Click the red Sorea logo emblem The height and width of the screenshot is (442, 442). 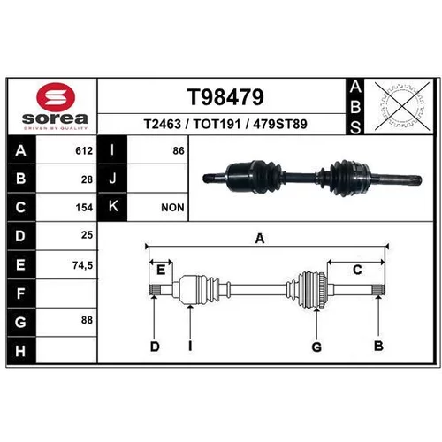[56, 97]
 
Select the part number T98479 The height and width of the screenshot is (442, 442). [225, 97]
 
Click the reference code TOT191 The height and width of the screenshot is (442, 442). [217, 124]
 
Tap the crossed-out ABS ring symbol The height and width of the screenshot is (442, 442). [402, 106]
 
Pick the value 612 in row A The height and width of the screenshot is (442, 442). [84, 151]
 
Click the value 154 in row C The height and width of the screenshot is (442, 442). [84, 208]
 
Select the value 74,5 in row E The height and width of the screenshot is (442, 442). [83, 265]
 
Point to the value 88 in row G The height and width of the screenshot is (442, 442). [87, 320]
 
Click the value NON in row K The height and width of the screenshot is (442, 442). [172, 208]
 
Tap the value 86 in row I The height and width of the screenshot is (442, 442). [179, 151]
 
